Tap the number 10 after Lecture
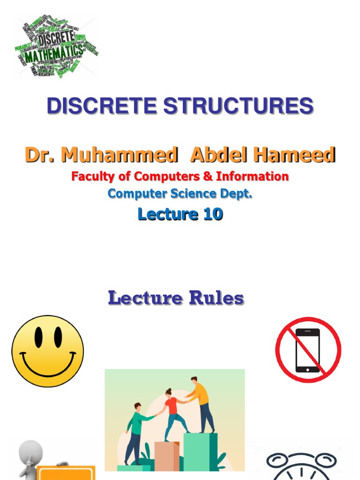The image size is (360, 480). click(213, 214)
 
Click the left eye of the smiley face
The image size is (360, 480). click(38, 337)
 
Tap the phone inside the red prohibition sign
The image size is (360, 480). click(307, 350)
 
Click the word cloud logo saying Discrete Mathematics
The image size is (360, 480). click(57, 45)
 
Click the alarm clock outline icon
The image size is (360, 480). click(301, 466)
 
